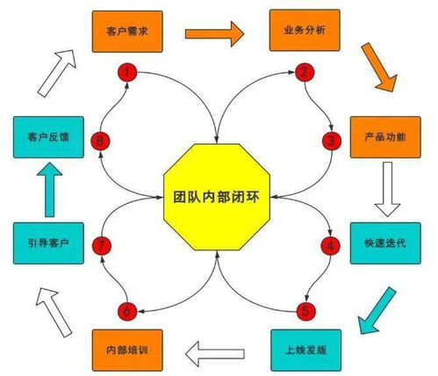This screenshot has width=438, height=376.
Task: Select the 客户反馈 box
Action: [x=48, y=138]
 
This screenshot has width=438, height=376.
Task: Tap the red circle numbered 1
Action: [x=128, y=73]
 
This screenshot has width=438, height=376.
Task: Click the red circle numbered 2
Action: [x=304, y=73]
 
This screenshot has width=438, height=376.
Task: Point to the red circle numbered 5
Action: [x=305, y=309]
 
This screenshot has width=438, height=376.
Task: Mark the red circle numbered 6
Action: [x=127, y=309]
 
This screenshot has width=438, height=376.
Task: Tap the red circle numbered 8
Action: [x=102, y=140]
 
